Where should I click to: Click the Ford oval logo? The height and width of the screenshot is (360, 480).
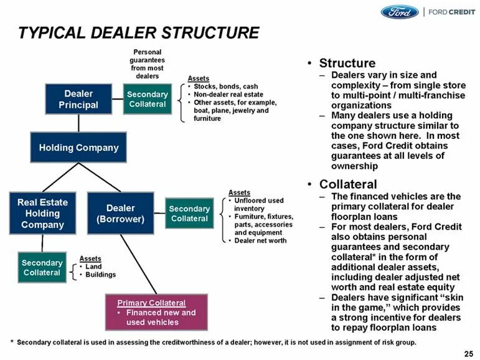400,12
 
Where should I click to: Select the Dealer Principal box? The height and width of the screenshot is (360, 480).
78,99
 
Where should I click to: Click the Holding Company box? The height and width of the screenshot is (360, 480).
78,148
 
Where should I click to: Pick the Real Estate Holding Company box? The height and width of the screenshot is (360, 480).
42,213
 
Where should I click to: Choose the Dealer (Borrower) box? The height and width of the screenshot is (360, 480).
120,213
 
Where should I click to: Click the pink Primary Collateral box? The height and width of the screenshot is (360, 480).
156,312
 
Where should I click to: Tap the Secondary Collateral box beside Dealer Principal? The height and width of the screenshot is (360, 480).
147,99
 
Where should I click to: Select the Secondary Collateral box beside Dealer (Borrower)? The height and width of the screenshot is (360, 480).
189,214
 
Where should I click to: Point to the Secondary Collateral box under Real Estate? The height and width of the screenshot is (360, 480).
42,267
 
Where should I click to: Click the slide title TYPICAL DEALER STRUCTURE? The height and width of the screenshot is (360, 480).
138,32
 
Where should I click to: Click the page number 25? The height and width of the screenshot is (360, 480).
469,353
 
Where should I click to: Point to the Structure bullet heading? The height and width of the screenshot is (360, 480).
347,63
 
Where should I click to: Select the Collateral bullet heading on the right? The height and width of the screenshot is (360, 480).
347,184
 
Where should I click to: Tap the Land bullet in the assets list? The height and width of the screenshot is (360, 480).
93,267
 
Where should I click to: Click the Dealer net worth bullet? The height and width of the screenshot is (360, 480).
260,240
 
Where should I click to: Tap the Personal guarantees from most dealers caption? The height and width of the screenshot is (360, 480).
147,64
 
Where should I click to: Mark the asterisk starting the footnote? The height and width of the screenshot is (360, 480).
12,342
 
